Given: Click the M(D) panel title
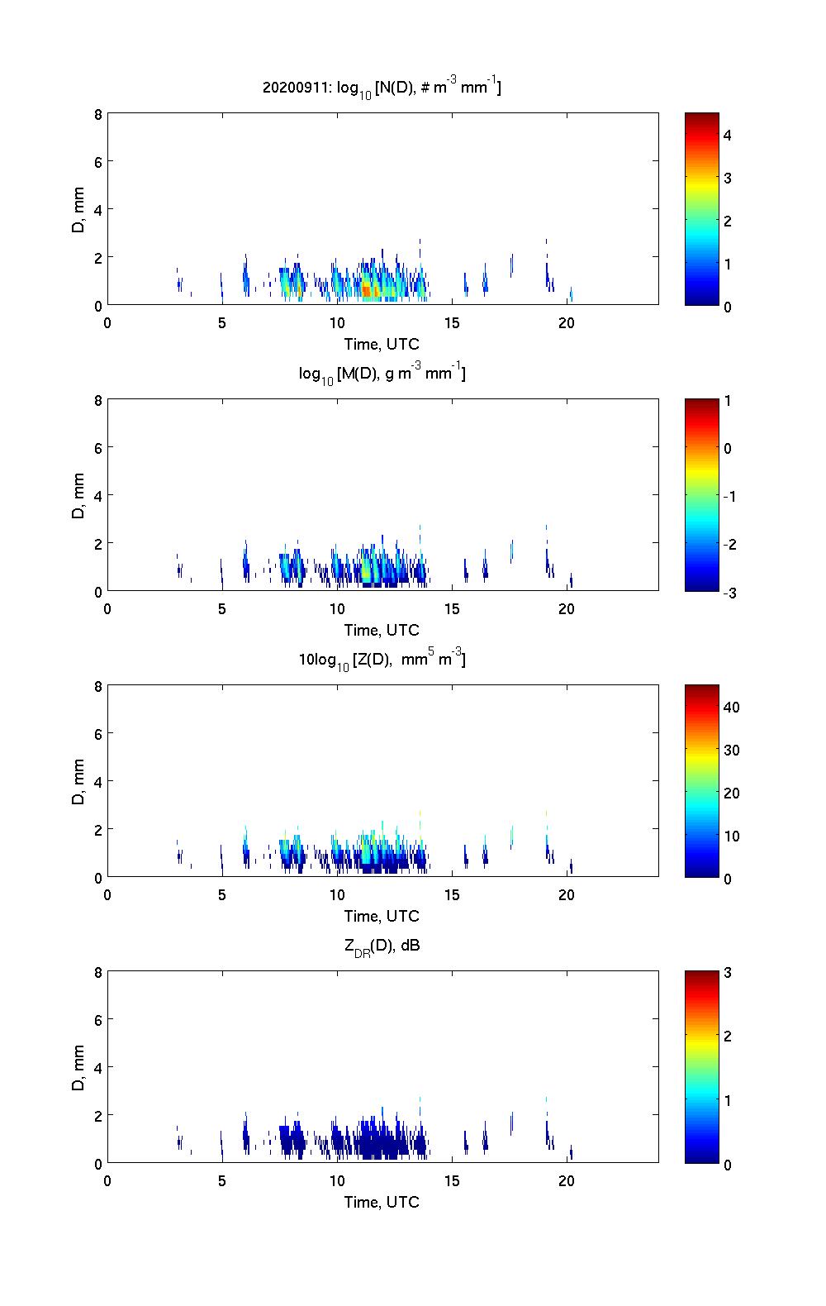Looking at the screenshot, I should (382, 374).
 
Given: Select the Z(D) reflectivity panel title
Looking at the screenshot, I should (382, 660).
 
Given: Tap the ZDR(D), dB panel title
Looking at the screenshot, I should (382, 946).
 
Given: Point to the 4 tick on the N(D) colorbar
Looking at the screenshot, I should (728, 135).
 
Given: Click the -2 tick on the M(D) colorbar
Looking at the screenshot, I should (727, 545).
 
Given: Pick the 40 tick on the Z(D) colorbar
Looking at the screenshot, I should (731, 708).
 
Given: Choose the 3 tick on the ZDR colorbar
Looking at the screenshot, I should (728, 973).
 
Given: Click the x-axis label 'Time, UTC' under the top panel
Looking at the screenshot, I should (382, 344).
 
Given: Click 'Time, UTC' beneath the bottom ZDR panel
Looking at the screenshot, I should (382, 1202).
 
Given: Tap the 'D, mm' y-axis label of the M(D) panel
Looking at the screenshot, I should (78, 495).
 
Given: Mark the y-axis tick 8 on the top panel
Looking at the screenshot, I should (97, 115).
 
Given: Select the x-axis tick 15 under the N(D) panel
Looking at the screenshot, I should (452, 322).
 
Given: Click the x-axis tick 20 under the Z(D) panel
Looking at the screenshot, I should (567, 894).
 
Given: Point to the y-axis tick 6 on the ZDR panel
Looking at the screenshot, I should (97, 1020).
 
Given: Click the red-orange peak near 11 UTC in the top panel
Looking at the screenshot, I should (368, 290).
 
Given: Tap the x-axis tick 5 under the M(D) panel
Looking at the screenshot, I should (222, 608).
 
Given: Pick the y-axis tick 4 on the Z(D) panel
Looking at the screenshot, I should (97, 782).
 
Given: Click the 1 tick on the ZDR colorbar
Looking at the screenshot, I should (728, 1101).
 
